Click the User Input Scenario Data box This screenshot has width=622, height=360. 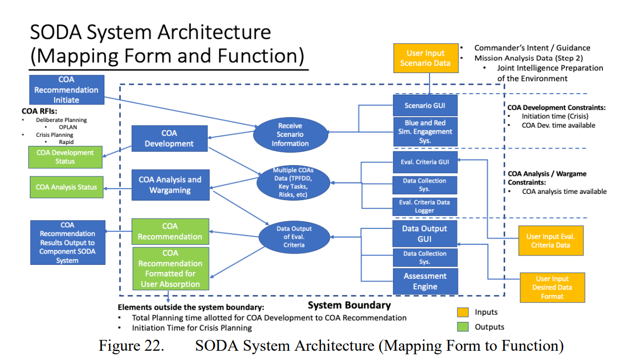point(425,58)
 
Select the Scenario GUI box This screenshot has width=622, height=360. point(425,105)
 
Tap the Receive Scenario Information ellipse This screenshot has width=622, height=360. point(291,135)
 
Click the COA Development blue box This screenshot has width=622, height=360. point(169,138)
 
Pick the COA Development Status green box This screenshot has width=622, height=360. point(65,157)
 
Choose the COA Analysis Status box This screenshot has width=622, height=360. point(66,187)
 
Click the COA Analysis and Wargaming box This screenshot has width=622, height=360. point(170,185)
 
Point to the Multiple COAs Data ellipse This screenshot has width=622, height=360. point(293,183)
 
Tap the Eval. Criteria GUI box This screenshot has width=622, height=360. point(425,162)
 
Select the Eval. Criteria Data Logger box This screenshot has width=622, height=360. point(424,207)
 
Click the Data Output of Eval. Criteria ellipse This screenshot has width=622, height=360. point(294,237)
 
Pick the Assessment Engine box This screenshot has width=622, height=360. point(425,281)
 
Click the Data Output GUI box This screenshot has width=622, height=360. point(425,233)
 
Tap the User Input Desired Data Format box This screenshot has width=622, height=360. point(553,287)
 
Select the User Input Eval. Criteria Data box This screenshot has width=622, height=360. point(551,241)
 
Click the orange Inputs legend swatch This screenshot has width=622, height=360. point(463,312)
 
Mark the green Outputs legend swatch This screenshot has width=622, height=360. point(463,327)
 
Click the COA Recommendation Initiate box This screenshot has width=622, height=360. point(67,89)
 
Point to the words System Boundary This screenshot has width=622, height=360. point(349,305)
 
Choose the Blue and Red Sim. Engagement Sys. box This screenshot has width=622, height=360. point(425,132)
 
